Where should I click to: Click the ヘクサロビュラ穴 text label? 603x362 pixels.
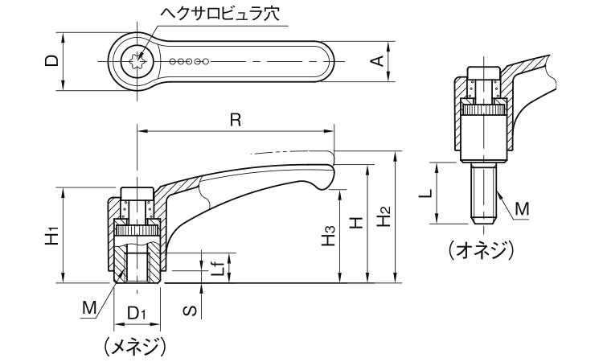(204, 14)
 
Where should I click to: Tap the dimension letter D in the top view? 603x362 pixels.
(50, 60)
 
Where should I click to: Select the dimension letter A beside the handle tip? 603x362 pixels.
(375, 60)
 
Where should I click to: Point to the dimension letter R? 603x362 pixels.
(234, 119)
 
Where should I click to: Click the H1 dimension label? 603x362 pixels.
(51, 235)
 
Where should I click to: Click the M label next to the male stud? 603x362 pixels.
(522, 209)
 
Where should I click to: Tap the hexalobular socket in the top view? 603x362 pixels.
(137, 60)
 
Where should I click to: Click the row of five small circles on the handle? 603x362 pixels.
(191, 60)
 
